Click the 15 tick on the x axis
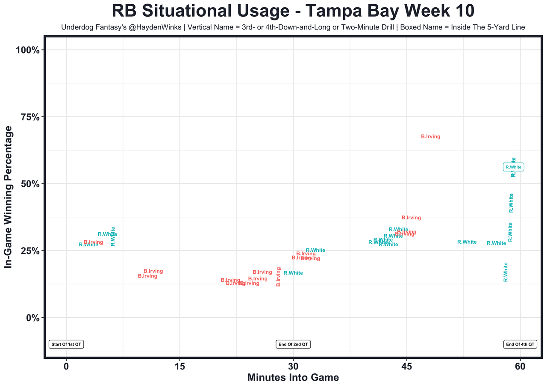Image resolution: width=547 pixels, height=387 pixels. (x=180, y=367)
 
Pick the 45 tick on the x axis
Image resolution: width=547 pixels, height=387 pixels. (x=407, y=367)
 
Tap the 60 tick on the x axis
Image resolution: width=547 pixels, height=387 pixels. (x=520, y=367)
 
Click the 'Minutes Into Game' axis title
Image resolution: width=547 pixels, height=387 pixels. (x=293, y=378)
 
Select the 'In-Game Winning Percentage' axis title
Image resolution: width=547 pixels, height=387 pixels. (x=8, y=200)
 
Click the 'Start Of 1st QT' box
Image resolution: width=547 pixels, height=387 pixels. (x=66, y=344)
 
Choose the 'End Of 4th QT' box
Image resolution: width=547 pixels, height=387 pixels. (x=520, y=344)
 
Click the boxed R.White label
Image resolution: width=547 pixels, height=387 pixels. (x=513, y=167)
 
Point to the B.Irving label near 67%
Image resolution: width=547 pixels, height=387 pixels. (x=430, y=137)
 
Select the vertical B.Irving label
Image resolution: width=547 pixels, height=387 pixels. (x=279, y=277)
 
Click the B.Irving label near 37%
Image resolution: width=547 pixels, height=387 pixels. (x=411, y=218)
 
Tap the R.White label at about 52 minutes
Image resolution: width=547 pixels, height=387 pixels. (x=467, y=242)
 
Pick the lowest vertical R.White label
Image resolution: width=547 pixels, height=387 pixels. (x=506, y=272)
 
